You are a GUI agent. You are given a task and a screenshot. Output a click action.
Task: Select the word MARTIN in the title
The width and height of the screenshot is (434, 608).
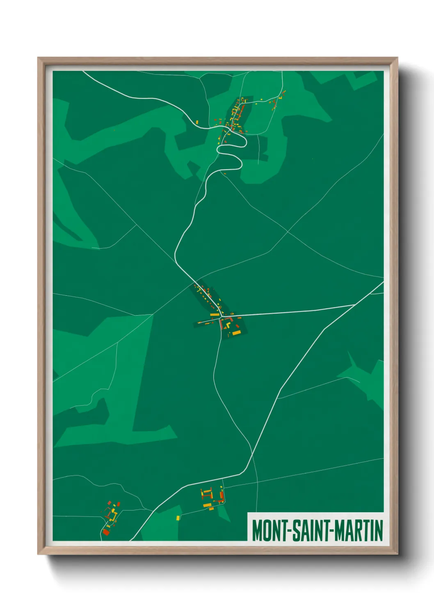(x=359, y=530)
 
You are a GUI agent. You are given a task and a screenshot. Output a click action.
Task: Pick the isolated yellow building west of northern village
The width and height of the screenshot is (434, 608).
(x=197, y=122)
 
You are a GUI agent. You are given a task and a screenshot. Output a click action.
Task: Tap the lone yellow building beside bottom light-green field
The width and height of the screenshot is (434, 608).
(x=178, y=518)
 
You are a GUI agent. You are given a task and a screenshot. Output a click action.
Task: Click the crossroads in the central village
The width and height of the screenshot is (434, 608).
(x=222, y=317)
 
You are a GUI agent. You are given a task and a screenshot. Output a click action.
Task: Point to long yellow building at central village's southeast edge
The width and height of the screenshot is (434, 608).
(x=237, y=332)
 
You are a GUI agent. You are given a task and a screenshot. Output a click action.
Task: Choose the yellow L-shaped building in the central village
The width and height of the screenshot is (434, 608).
(x=228, y=325)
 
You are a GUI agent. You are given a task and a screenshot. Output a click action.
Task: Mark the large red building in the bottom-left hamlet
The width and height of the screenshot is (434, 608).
(x=106, y=532)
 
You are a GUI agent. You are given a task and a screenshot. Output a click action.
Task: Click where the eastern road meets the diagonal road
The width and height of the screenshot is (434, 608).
(x=356, y=304)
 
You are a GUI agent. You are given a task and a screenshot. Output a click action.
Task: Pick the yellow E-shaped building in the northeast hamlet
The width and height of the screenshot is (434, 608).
(x=281, y=97)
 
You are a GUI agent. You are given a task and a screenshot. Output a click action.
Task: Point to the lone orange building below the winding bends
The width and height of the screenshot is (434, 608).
(x=225, y=173)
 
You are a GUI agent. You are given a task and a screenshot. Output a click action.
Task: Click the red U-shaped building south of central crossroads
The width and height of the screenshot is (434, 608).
(x=222, y=325)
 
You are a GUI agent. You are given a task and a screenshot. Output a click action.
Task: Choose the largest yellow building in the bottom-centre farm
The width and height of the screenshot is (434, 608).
(x=208, y=505)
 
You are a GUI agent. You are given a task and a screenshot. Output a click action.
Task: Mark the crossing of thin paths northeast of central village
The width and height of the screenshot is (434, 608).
(x=288, y=232)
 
